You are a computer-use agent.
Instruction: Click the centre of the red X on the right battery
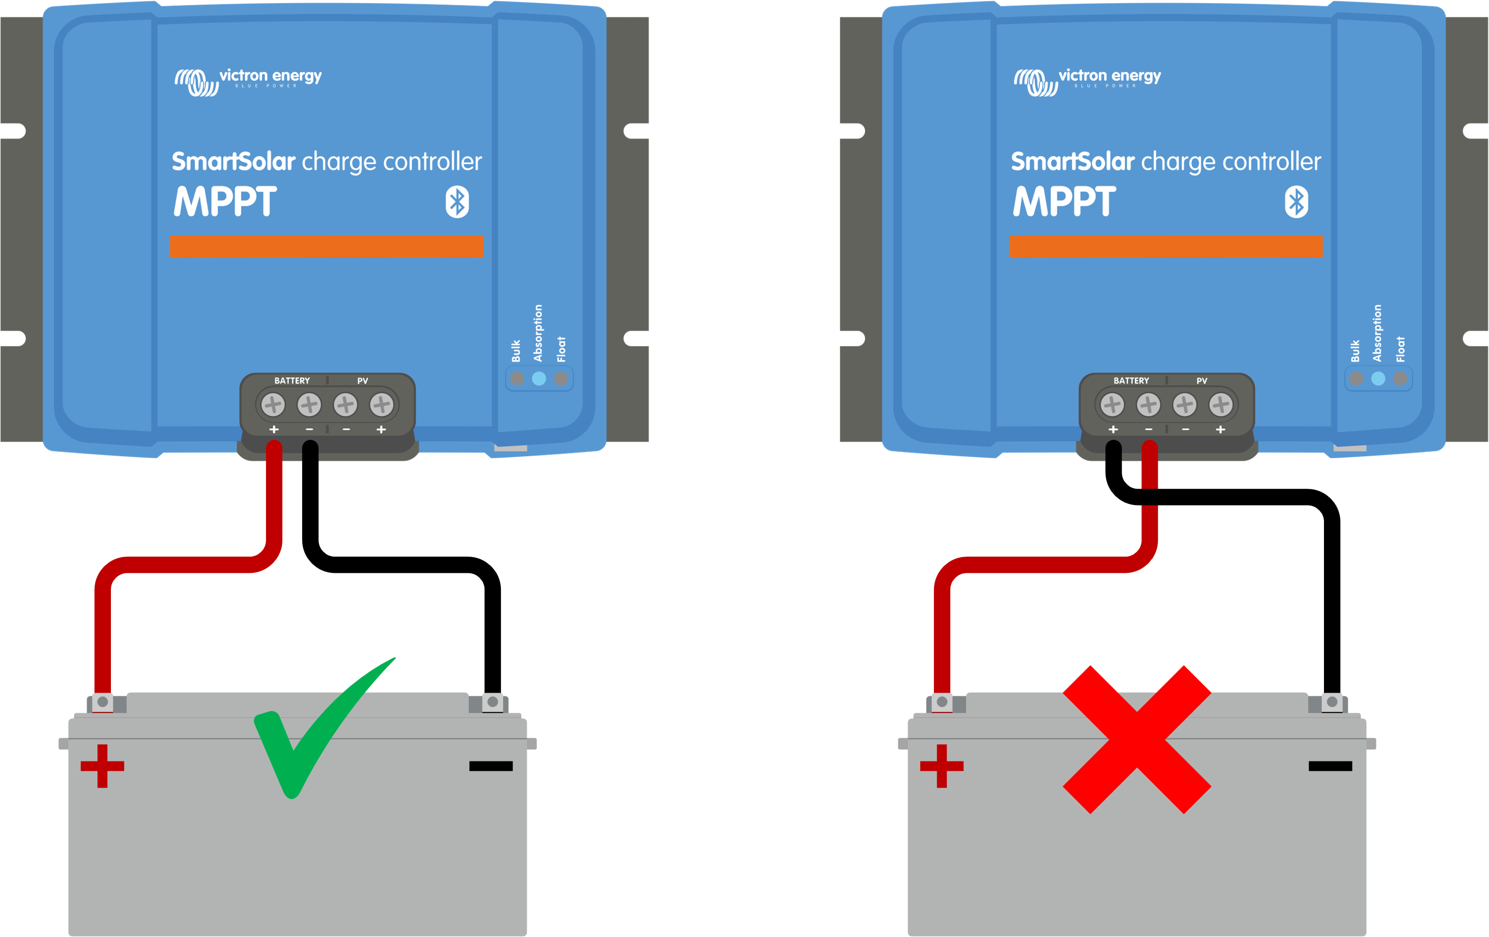pos(1136,739)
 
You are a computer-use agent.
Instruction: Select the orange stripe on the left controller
pos(326,246)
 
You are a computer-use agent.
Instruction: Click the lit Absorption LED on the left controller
pos(539,378)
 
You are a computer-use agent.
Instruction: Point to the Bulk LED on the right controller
pos(1356,378)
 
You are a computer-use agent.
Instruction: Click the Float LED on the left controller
pos(561,378)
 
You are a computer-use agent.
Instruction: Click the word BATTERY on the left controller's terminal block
pos(292,380)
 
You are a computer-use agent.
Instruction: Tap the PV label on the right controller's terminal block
pos(1202,380)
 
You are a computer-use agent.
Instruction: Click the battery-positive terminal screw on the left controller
pos(273,405)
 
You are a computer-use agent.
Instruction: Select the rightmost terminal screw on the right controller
pos(1220,405)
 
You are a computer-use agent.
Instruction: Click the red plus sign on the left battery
pos(102,766)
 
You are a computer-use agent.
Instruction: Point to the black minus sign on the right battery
pos(1330,766)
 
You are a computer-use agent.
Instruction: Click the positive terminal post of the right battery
pos(942,702)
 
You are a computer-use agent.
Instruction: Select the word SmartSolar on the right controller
pos(1072,161)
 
